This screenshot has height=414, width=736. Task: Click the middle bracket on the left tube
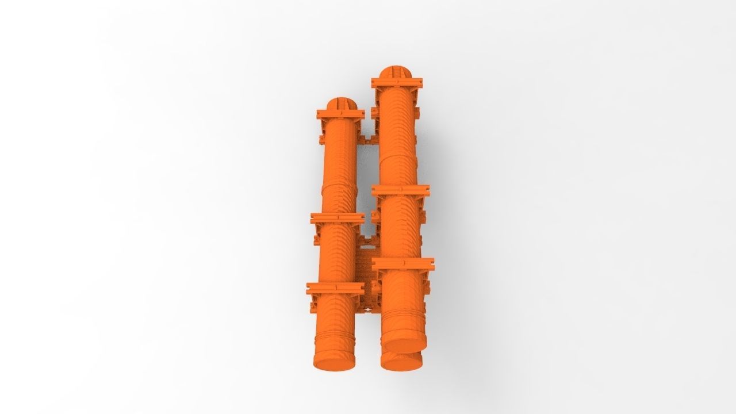coord(338,218)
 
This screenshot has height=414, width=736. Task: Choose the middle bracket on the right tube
coord(401,190)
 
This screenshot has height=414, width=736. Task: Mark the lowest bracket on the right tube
coord(403,264)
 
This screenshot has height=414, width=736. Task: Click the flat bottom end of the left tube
coord(332,363)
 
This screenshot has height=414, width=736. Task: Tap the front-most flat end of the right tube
coord(405,344)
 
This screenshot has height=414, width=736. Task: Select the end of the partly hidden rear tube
coord(401,362)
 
